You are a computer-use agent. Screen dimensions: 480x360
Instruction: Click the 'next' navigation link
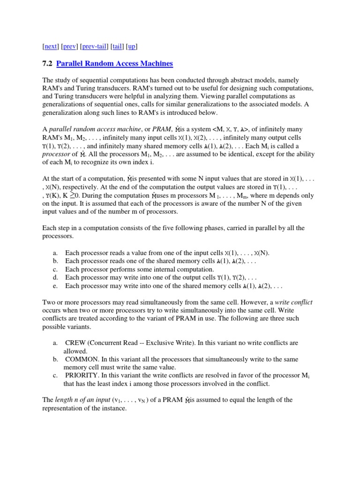(x=51, y=46)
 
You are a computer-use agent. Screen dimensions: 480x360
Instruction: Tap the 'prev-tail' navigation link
(x=94, y=46)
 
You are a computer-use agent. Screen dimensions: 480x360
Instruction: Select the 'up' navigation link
(x=132, y=46)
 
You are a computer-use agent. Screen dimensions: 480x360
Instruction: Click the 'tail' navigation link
(x=116, y=46)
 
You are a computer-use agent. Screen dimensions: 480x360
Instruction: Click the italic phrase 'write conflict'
(x=293, y=302)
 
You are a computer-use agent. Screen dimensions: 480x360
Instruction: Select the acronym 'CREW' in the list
(x=76, y=343)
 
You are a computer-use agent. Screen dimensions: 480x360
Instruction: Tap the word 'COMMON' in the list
(x=81, y=359)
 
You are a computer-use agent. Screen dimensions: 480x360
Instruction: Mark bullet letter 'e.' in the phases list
(x=55, y=285)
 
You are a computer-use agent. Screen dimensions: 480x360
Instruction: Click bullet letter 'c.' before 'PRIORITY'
(x=55, y=375)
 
